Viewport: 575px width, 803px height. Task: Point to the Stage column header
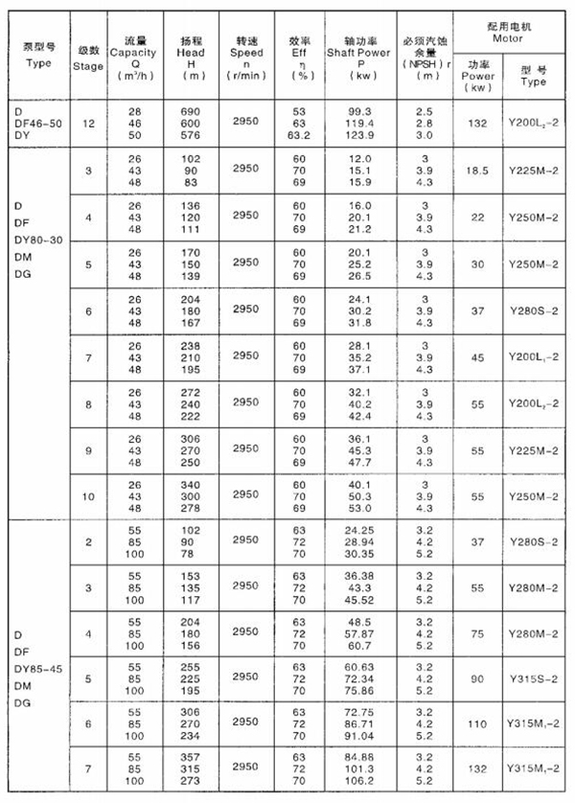click(88, 67)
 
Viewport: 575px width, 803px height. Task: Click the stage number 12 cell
click(88, 125)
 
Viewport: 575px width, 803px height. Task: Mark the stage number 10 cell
click(88, 496)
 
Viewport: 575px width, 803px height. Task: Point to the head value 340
click(190, 485)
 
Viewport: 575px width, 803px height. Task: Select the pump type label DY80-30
click(41, 240)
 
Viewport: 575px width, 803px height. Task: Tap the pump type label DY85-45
click(41, 668)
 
